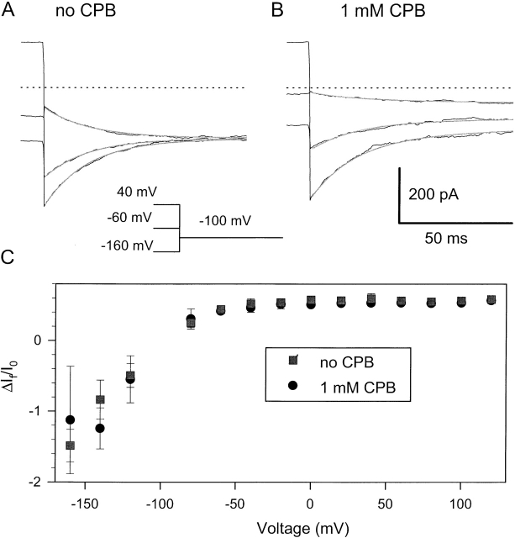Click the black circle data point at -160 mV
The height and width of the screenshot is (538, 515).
point(71,419)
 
